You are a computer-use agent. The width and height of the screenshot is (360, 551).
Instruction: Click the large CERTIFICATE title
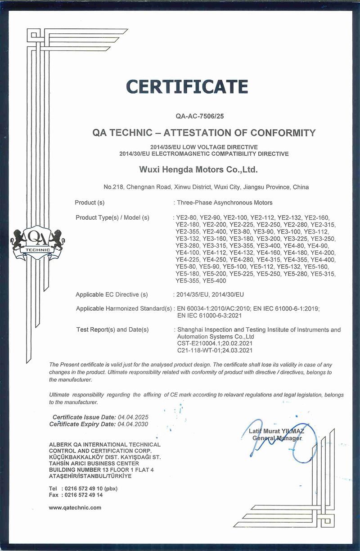(187, 86)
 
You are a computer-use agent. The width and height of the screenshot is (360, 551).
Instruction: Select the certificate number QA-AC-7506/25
(199, 116)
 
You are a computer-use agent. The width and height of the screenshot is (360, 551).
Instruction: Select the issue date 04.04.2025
(132, 417)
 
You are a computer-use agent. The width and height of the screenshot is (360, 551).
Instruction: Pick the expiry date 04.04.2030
(132, 424)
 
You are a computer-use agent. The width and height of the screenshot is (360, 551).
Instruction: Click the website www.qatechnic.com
(75, 507)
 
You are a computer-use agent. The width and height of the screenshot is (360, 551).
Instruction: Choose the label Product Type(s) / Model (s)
(112, 217)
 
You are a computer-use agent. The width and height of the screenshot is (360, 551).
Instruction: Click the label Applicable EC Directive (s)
(112, 295)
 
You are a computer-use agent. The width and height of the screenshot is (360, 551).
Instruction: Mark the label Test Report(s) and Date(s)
(112, 330)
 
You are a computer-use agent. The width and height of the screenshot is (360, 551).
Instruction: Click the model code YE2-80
(186, 217)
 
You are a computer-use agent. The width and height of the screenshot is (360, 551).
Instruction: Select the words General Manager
(277, 438)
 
